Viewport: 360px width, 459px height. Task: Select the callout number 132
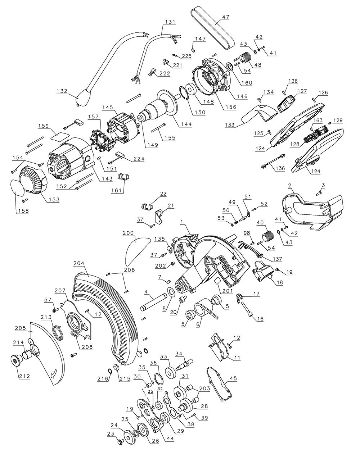(62, 91)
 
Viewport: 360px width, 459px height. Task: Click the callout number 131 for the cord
(170, 22)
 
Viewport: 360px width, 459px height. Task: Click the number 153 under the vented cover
(53, 199)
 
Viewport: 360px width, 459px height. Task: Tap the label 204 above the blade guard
(79, 263)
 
